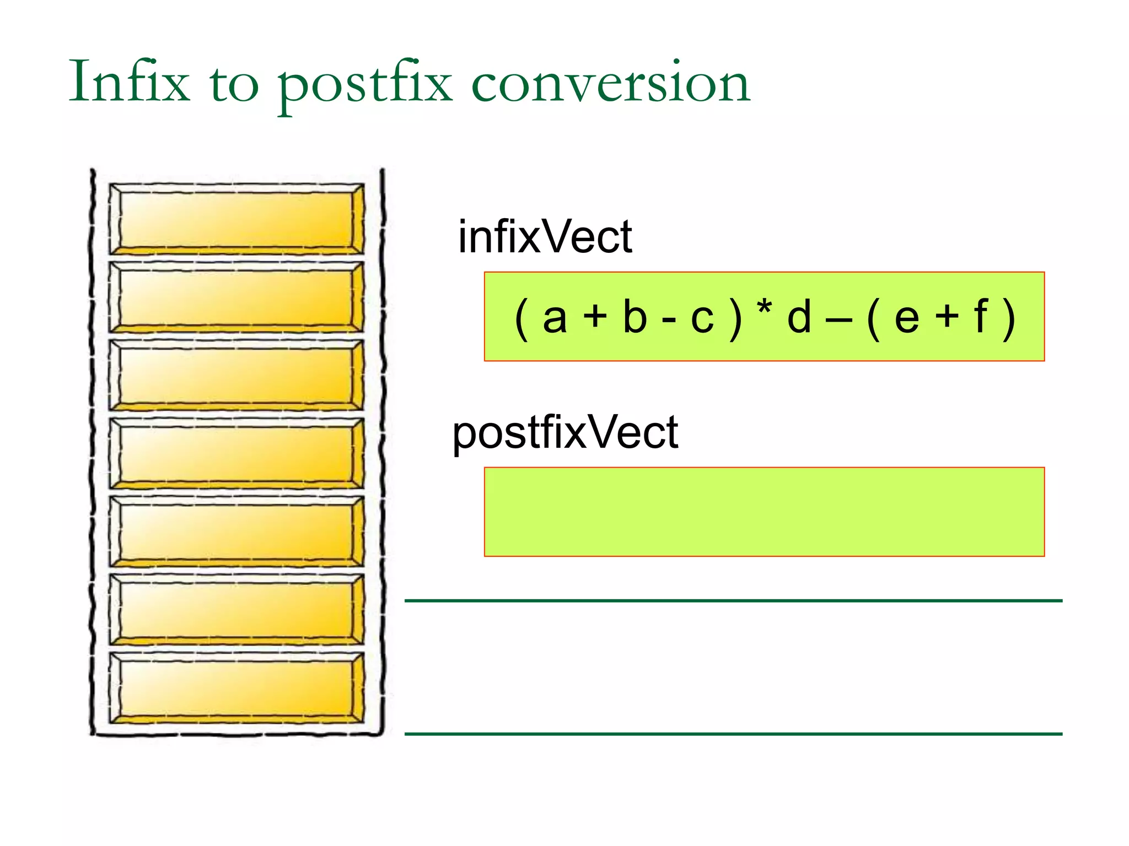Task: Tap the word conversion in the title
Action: pyautogui.click(x=611, y=83)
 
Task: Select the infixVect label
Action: pyautogui.click(x=545, y=237)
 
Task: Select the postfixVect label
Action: pyautogui.click(x=565, y=433)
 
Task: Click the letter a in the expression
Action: pyautogui.click(x=555, y=318)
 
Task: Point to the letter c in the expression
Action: pyautogui.click(x=702, y=318)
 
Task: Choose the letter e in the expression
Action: pyautogui.click(x=907, y=318)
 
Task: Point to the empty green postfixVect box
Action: pyautogui.click(x=764, y=512)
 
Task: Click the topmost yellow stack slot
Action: pyautogui.click(x=236, y=219)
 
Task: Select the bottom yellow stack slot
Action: pyautogui.click(x=236, y=688)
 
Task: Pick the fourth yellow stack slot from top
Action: pyautogui.click(x=236, y=453)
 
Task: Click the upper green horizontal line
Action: pyautogui.click(x=733, y=600)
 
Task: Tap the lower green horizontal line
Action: pyautogui.click(x=733, y=734)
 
